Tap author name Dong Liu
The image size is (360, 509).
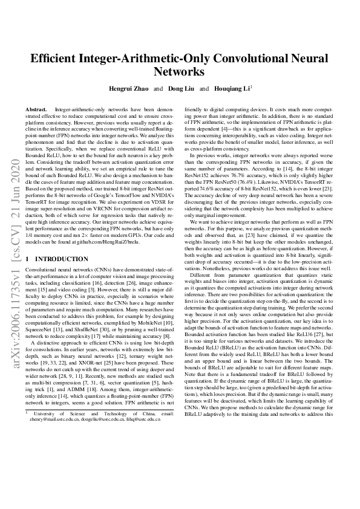point(180,88)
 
